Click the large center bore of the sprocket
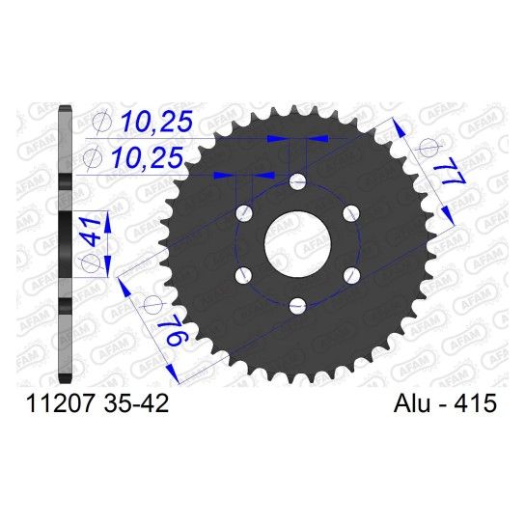tap(297, 243)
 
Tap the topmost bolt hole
tap(297, 181)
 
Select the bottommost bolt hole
tap(297, 306)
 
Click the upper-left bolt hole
tap(244, 213)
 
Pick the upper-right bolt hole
tap(351, 213)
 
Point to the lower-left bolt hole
tap(244, 275)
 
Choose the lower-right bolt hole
tap(351, 275)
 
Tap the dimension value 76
tap(175, 332)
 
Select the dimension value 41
tap(90, 231)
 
